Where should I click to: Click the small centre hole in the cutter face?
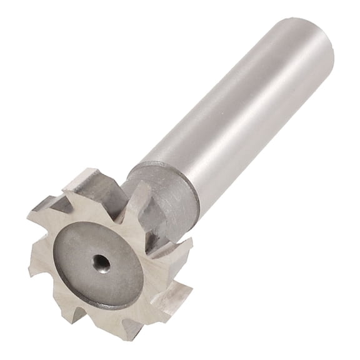point(101,263)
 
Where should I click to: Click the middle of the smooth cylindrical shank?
point(237,112)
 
